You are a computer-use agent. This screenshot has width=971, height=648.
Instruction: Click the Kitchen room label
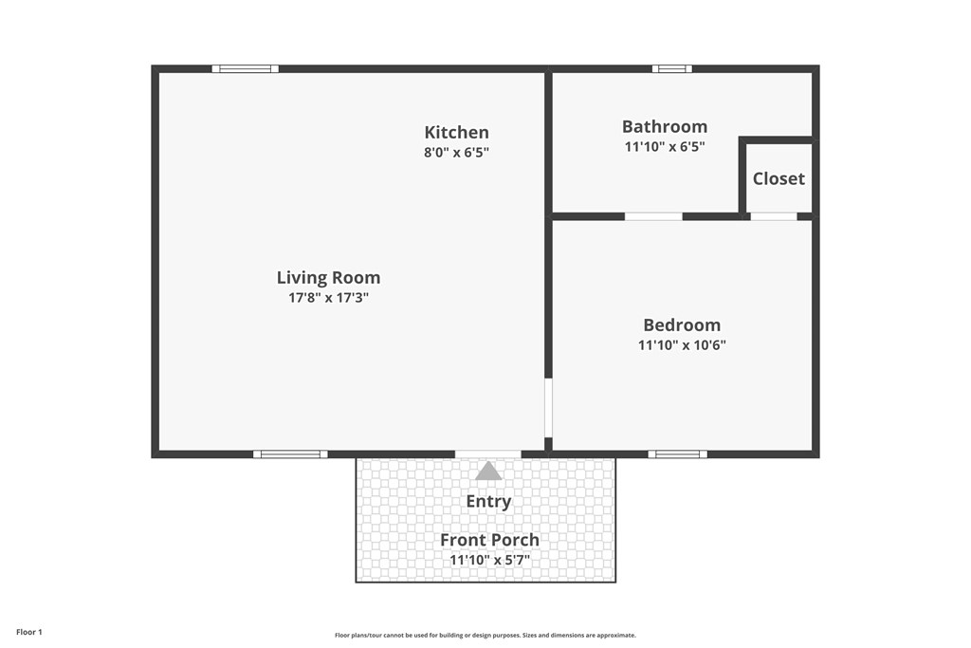[x=456, y=133]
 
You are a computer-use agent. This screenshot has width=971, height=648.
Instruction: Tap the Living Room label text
[x=328, y=278]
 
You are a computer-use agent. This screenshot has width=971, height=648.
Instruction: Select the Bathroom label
[x=664, y=126]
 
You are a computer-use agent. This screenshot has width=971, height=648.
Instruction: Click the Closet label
[x=779, y=178]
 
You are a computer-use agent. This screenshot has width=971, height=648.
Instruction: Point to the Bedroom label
[x=681, y=325]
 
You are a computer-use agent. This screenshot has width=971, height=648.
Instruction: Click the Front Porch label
[x=489, y=540]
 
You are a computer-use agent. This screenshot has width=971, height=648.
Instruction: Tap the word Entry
[x=488, y=501]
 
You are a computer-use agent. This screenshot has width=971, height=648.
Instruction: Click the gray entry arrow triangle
[x=488, y=472]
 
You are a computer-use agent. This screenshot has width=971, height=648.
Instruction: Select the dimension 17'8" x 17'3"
[x=328, y=298]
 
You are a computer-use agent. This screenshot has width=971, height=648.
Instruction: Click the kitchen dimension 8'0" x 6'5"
[x=456, y=152]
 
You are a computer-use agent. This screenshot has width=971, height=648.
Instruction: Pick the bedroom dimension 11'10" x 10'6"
[x=681, y=345]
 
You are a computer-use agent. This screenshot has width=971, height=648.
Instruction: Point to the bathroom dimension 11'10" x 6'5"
[x=664, y=146]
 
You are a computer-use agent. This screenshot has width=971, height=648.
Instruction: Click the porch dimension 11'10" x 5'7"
[x=489, y=560]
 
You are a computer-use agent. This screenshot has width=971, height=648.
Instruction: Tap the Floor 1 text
[x=29, y=632]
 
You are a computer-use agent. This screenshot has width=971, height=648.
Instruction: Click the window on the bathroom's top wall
[x=671, y=68]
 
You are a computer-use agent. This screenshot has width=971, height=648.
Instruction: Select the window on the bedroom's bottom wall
[x=677, y=454]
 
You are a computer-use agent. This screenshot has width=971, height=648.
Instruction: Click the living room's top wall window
[x=245, y=68]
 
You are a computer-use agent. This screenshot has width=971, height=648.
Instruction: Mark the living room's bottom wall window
[x=290, y=454]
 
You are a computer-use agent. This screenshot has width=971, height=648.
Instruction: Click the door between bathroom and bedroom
[x=653, y=216]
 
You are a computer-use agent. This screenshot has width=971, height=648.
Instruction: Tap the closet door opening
[x=774, y=216]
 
